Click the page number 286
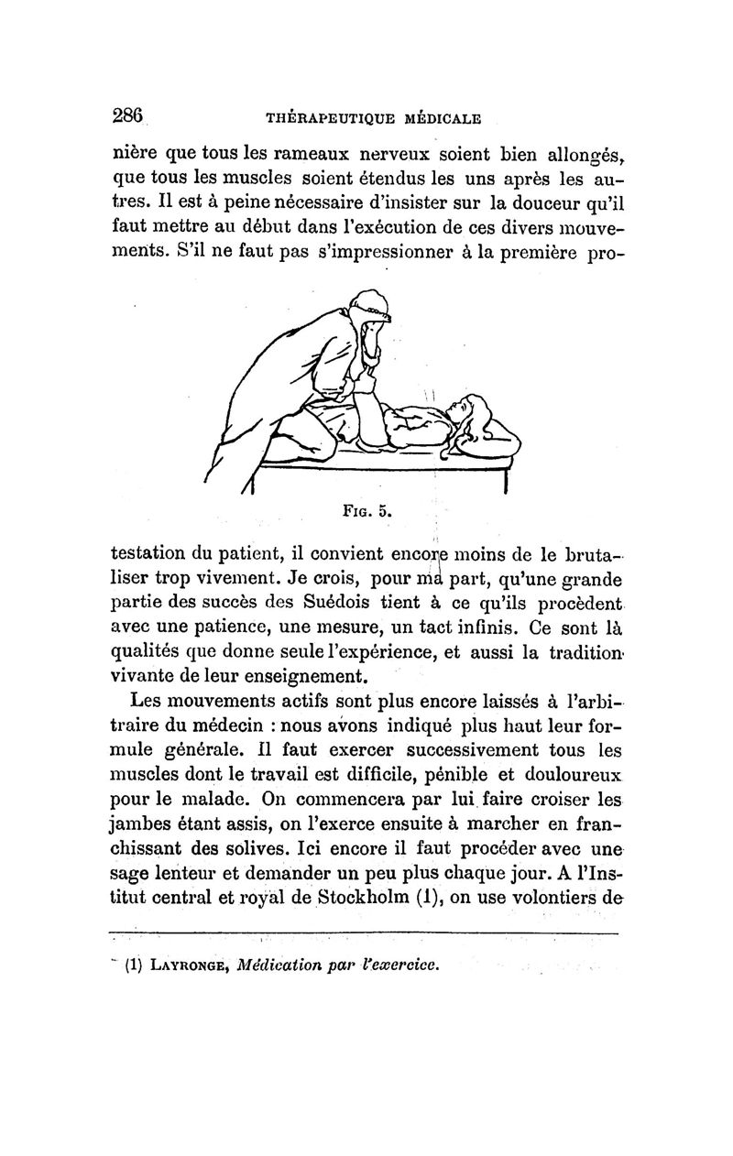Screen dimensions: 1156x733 (x=129, y=115)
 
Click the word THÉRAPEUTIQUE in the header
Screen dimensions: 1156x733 (x=323, y=117)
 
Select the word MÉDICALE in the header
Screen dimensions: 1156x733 (x=443, y=117)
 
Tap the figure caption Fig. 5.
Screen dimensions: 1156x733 (x=369, y=511)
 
